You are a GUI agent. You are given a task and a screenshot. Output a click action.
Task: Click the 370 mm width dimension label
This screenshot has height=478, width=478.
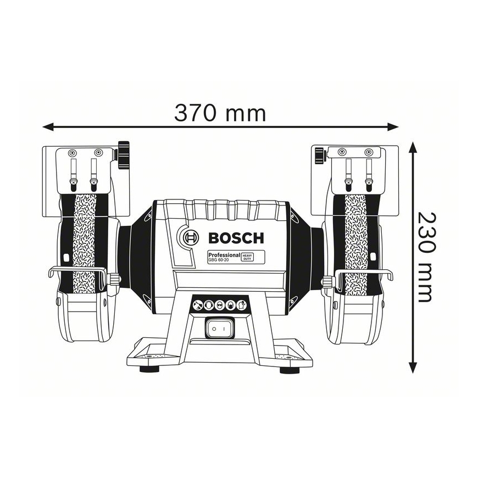(220, 113)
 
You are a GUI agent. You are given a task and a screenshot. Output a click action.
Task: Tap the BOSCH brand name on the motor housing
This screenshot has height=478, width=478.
(236, 238)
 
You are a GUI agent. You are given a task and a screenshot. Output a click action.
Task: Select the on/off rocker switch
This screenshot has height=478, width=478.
(220, 328)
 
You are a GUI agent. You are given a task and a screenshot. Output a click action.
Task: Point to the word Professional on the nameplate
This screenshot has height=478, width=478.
(224, 254)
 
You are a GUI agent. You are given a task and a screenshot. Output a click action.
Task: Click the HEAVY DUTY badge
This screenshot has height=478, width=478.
(247, 257)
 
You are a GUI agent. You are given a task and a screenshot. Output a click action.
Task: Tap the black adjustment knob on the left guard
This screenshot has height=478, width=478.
(124, 155)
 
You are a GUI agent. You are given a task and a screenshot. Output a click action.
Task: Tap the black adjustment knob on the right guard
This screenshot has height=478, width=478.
(319, 156)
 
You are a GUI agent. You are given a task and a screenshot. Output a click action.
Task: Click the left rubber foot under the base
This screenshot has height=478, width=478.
(149, 369)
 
